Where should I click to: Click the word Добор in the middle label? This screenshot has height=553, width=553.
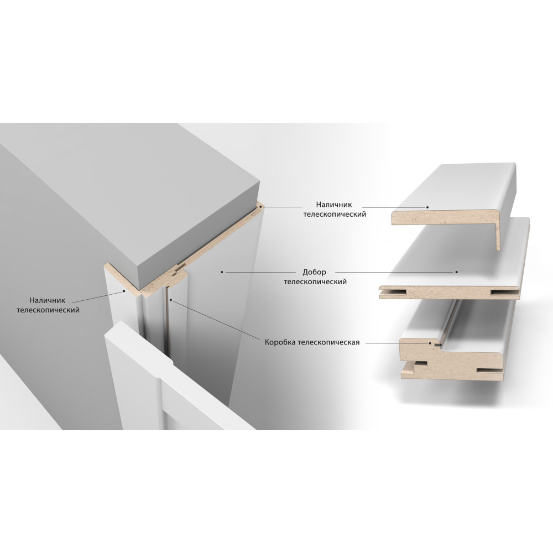click(x=314, y=272)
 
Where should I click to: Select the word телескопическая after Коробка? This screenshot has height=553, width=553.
click(x=328, y=342)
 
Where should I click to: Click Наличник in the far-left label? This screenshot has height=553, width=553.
click(x=47, y=300)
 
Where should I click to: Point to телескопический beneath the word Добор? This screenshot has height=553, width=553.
click(x=315, y=282)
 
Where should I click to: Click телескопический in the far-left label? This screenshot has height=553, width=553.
click(x=48, y=310)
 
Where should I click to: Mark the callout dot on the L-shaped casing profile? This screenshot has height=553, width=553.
click(x=427, y=207)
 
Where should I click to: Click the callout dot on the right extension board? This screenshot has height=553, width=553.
click(x=456, y=272)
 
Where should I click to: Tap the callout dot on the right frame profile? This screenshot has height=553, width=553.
click(x=430, y=342)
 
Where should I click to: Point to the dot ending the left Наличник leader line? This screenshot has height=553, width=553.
click(x=124, y=291)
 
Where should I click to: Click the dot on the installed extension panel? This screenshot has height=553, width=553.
click(x=222, y=272)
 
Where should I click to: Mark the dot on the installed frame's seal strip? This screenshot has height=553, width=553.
click(x=171, y=300)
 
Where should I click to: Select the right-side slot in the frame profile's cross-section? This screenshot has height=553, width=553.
click(x=489, y=371)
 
